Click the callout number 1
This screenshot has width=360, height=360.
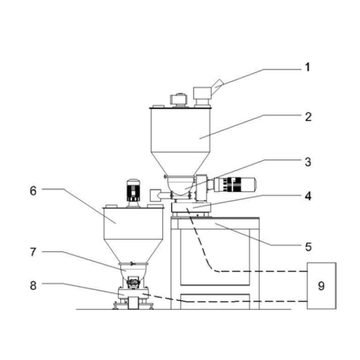pos(307,68)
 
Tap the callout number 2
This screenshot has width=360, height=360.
pos(309,117)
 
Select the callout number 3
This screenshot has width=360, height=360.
pos(308,162)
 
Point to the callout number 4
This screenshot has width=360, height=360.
pos(308,196)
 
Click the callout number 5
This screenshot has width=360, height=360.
pos(308,247)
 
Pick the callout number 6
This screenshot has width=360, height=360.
pos(33,191)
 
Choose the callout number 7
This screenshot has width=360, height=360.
pos(33,252)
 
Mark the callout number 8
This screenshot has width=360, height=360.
pos(33,286)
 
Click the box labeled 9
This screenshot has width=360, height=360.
pos(322,286)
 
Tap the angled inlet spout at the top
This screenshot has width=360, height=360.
pos(217,87)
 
